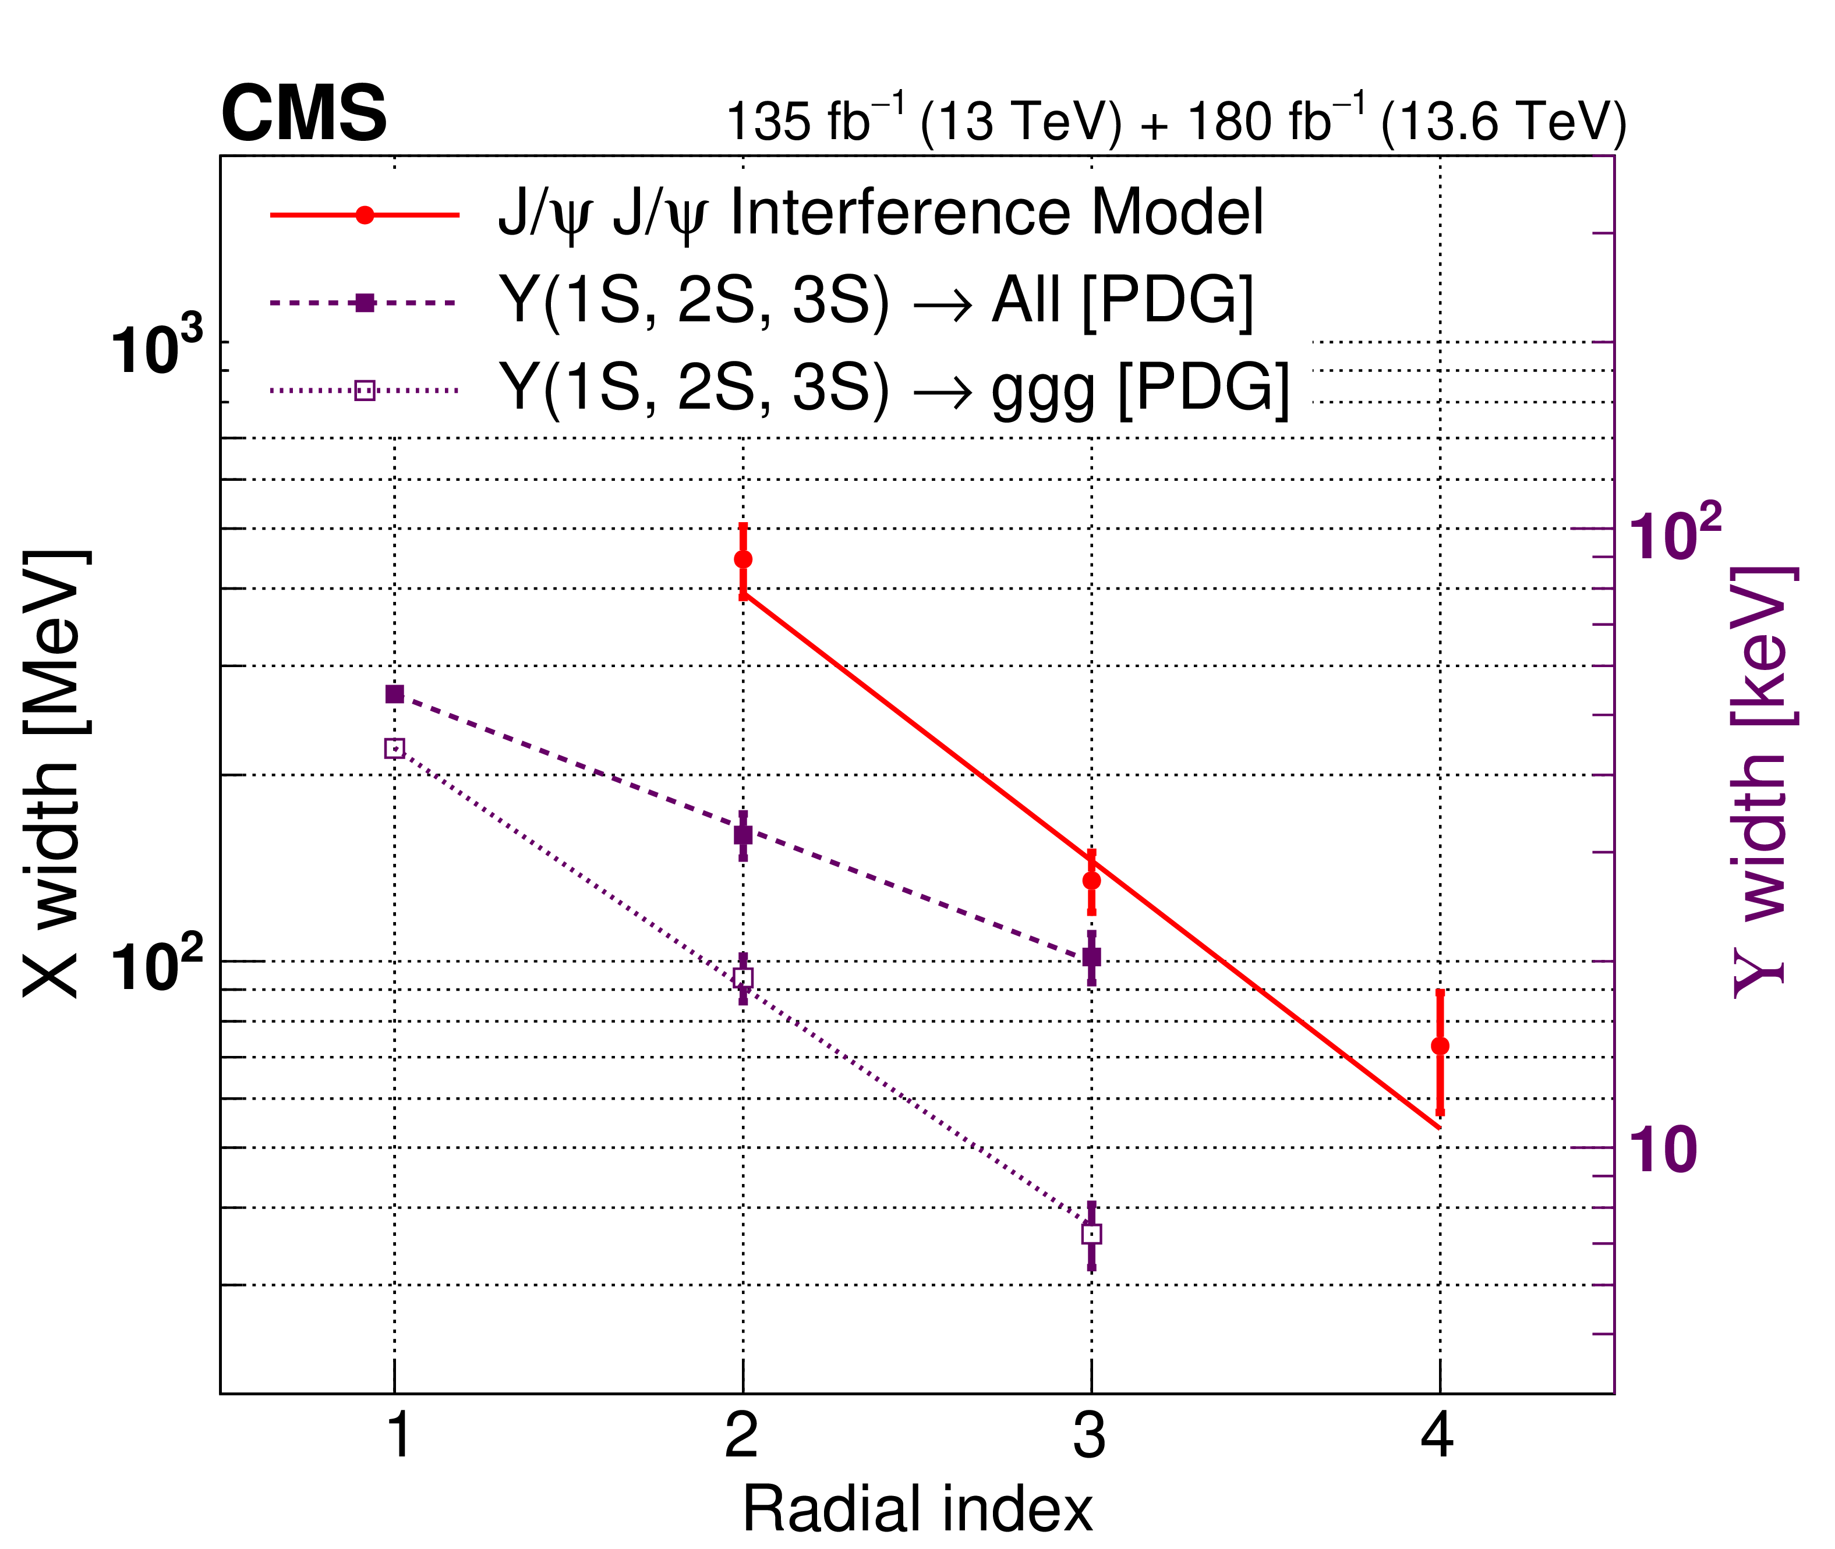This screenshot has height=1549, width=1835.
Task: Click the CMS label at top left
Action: [x=304, y=114]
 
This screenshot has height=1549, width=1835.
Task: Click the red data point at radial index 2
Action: [x=743, y=559]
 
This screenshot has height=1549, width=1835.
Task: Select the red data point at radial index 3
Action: [x=1092, y=881]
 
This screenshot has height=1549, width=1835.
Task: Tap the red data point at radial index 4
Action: [x=1440, y=1046]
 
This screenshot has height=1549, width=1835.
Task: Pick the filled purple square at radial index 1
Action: [x=394, y=694]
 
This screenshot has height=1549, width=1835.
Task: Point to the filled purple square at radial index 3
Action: [x=1092, y=957]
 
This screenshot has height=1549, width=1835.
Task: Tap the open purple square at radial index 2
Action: [x=743, y=978]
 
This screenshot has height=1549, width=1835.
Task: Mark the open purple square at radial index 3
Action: [x=1092, y=1233]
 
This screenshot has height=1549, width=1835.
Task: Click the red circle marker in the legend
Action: [x=365, y=215]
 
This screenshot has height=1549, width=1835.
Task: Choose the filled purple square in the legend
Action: [x=365, y=303]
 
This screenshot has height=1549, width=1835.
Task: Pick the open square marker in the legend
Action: [x=365, y=390]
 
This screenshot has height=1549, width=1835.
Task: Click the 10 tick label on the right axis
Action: [x=1663, y=1150]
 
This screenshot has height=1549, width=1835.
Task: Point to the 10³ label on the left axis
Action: [x=155, y=349]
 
